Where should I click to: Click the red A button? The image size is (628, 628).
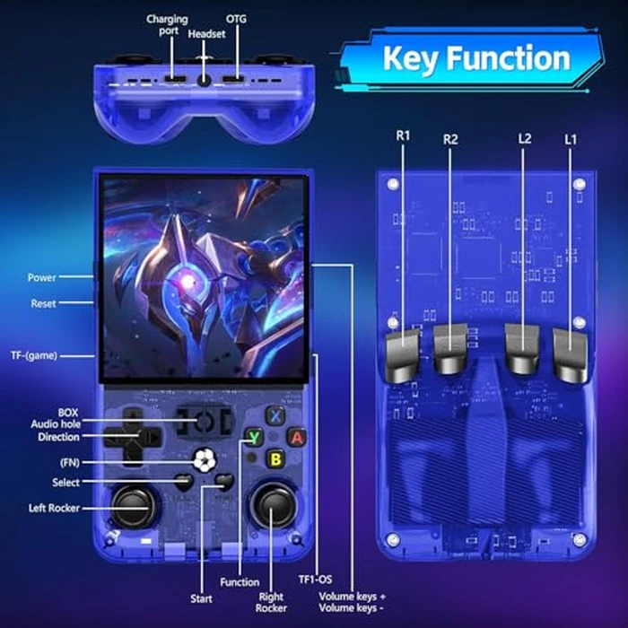[295, 437]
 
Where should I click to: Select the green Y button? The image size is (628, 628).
[255, 437]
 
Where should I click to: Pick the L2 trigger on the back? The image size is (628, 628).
[522, 350]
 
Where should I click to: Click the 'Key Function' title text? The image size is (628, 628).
[475, 58]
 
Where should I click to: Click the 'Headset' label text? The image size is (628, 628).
[207, 33]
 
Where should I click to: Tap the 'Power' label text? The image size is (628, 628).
[42, 278]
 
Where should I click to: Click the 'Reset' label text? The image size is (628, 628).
[43, 304]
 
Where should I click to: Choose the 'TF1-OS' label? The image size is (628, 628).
[315, 580]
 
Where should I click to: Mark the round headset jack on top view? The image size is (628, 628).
[205, 79]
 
